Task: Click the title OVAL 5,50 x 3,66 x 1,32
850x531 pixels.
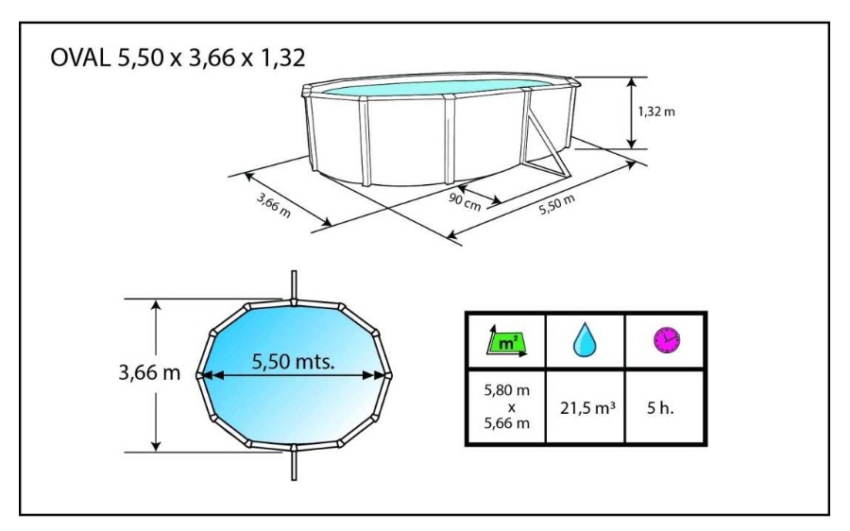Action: pos(178,58)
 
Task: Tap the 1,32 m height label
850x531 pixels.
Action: pos(656,111)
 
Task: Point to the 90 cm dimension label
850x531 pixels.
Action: pos(465,201)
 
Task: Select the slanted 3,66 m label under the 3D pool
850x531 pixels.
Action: pos(274,206)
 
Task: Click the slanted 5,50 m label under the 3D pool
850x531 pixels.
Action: pos(556,204)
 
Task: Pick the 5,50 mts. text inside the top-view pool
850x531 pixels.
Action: pos(293,361)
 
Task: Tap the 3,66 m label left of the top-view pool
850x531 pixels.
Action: pos(149,372)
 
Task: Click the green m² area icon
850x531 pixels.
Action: pos(506,342)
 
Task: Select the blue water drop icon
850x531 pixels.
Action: pos(585,340)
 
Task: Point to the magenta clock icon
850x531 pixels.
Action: pos(666,341)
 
